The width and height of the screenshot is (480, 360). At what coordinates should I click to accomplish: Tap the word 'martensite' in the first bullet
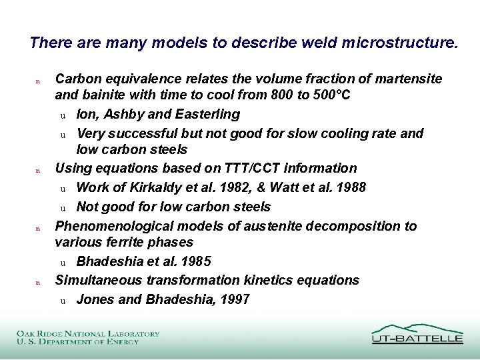409,79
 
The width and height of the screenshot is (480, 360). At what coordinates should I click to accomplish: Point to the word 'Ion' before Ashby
86,115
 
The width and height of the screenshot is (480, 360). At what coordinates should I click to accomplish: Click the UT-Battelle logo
417,333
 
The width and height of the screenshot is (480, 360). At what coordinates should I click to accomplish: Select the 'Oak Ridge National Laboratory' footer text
88,333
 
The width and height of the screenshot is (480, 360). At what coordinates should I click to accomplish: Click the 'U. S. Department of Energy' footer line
78,341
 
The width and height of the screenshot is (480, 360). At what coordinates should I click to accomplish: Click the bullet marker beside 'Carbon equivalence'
38,81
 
